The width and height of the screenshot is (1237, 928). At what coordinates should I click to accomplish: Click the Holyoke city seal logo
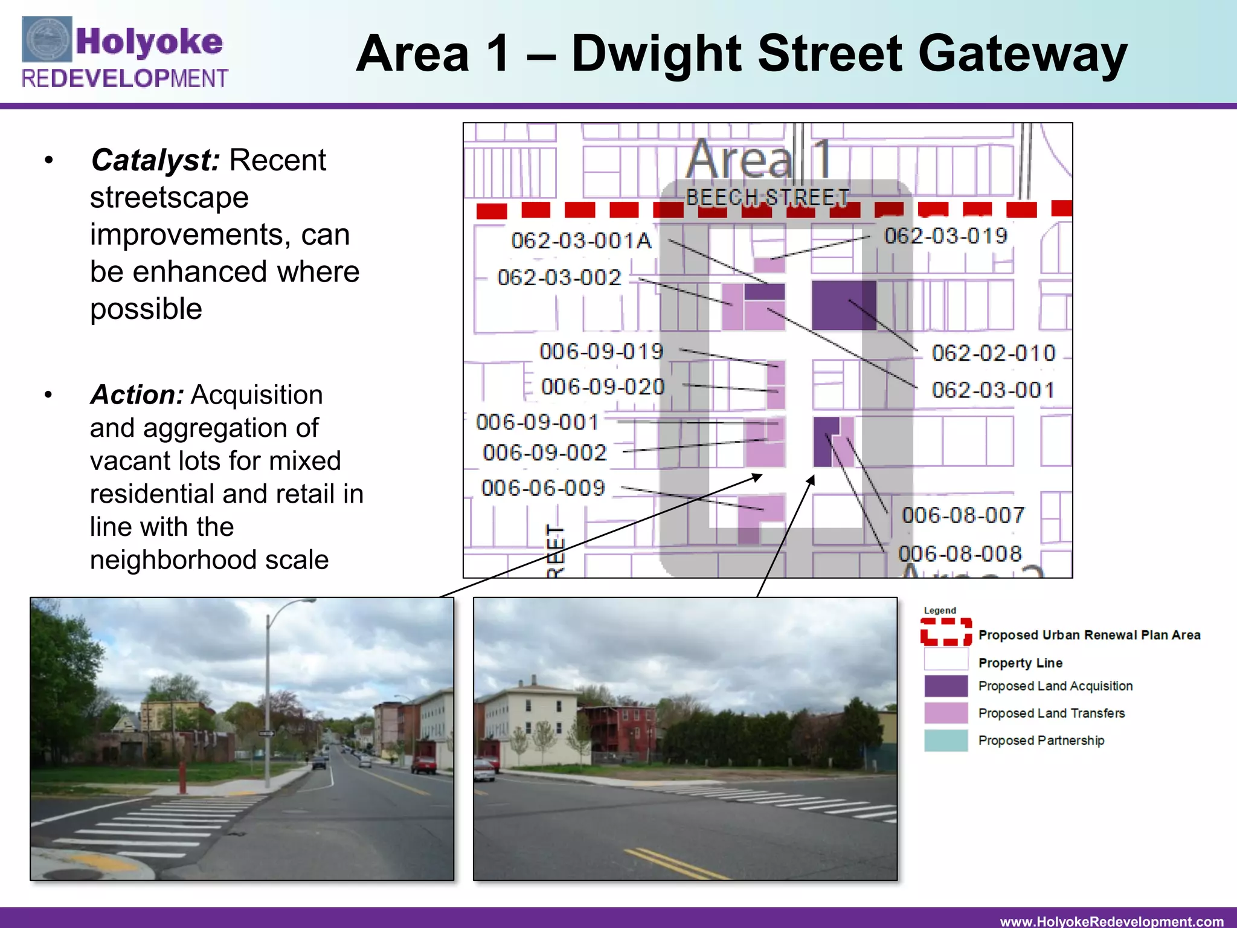tap(47, 40)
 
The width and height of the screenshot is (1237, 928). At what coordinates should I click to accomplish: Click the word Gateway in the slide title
tap(1022, 54)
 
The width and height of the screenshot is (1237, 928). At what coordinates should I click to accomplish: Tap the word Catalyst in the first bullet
tap(155, 161)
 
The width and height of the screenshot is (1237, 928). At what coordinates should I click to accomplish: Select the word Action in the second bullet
tap(137, 395)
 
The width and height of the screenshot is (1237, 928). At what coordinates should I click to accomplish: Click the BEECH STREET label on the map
tap(767, 197)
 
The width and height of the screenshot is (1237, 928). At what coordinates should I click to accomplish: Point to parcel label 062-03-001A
tap(581, 241)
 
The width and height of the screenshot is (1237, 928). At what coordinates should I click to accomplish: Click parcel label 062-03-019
tap(946, 236)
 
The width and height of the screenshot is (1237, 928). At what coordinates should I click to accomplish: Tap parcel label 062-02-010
tap(993, 353)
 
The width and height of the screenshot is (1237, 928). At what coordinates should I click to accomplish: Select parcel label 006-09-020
tap(603, 387)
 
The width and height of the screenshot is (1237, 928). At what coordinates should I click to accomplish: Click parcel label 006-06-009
tap(543, 488)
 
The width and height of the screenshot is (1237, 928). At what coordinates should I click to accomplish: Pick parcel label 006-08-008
tap(959, 554)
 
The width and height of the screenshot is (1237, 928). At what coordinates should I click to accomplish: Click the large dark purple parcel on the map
tap(843, 305)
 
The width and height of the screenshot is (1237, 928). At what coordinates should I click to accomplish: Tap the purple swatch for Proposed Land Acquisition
tap(945, 686)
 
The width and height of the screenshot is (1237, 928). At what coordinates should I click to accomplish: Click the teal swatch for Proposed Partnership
tap(945, 741)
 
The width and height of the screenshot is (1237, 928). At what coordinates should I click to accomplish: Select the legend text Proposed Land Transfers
tap(1051, 714)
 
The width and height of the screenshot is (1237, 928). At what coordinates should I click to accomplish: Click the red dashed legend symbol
tap(945, 632)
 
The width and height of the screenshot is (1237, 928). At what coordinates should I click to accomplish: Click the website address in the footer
tap(1111, 921)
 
